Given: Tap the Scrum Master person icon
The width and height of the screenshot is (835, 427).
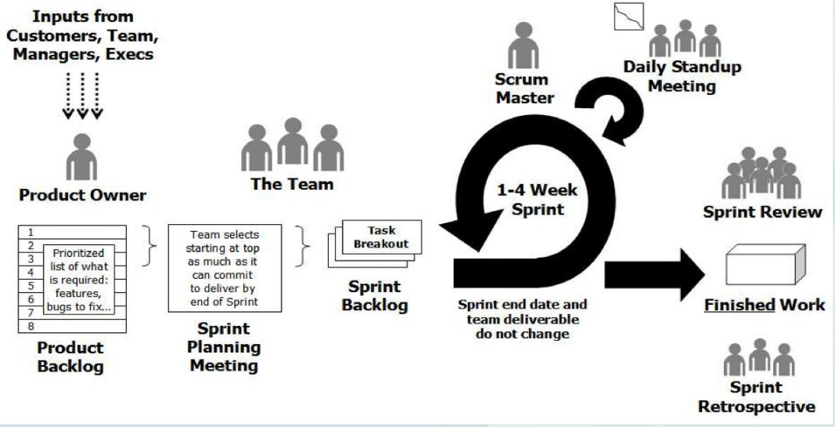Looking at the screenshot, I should [x=524, y=46].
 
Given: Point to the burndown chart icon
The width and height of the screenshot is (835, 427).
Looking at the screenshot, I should [x=628, y=16].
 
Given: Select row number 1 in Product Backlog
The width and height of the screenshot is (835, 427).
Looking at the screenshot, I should [x=31, y=233].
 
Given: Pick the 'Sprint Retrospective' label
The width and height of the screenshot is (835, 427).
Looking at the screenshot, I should [x=755, y=396].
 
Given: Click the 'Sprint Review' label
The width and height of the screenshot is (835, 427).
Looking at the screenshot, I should [x=762, y=212].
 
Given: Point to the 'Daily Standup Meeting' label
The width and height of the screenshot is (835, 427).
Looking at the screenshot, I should [x=682, y=75].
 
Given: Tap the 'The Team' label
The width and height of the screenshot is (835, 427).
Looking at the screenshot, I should [x=292, y=185].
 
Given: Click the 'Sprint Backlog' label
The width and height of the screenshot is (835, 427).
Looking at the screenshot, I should [x=374, y=295].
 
